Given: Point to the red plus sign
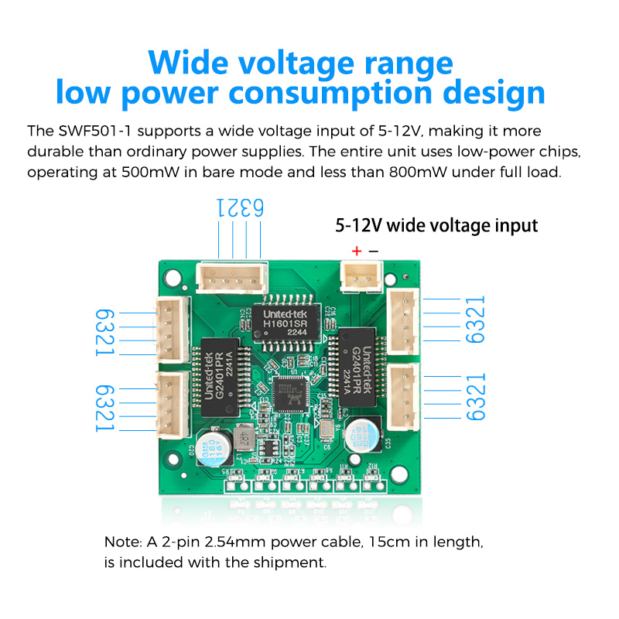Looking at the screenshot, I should [357, 251].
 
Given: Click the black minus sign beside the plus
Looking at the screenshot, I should [373, 251].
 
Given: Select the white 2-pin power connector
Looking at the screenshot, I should [361, 275].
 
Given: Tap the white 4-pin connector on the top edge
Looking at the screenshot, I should [232, 276].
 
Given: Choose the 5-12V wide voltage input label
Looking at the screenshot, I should [436, 226].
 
